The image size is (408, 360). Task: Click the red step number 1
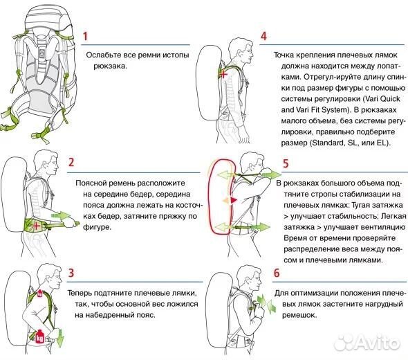click(x=85, y=37)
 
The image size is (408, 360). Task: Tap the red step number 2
click(x=71, y=162)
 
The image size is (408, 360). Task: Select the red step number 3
click(x=71, y=273)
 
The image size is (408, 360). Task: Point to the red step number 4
click(x=263, y=36)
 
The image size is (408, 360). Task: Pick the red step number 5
click(x=286, y=163)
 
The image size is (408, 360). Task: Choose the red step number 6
click(x=277, y=273)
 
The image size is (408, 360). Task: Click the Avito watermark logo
click(x=367, y=342)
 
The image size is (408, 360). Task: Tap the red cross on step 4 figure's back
click(x=223, y=74)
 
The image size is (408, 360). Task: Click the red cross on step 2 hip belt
click(x=36, y=226)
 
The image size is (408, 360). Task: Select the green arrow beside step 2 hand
click(x=61, y=216)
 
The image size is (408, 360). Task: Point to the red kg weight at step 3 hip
click(x=39, y=336)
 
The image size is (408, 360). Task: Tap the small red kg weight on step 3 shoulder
click(x=40, y=294)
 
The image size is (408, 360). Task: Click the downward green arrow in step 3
click(x=60, y=336)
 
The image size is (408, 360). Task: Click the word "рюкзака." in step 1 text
click(x=111, y=66)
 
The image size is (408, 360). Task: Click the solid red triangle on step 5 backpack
click(x=234, y=200)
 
